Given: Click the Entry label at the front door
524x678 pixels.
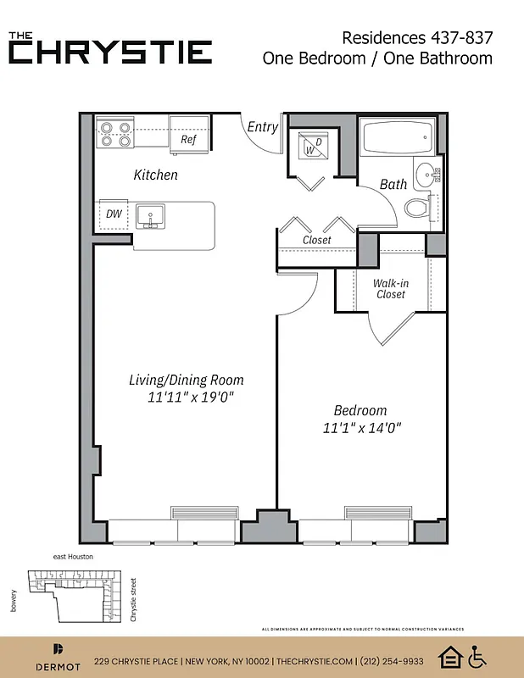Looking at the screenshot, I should [x=262, y=127].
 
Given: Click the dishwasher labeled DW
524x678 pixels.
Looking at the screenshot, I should [x=114, y=214].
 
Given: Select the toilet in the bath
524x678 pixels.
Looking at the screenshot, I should [x=416, y=207].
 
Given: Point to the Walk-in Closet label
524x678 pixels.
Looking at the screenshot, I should [x=389, y=289].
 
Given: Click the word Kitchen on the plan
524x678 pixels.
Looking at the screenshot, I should [x=156, y=175].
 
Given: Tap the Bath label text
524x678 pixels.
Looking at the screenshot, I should [x=393, y=184].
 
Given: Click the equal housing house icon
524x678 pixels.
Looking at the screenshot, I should [x=449, y=657].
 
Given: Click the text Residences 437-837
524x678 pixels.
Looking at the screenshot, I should [x=416, y=37].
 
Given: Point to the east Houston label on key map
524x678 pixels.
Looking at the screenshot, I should [x=73, y=557].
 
